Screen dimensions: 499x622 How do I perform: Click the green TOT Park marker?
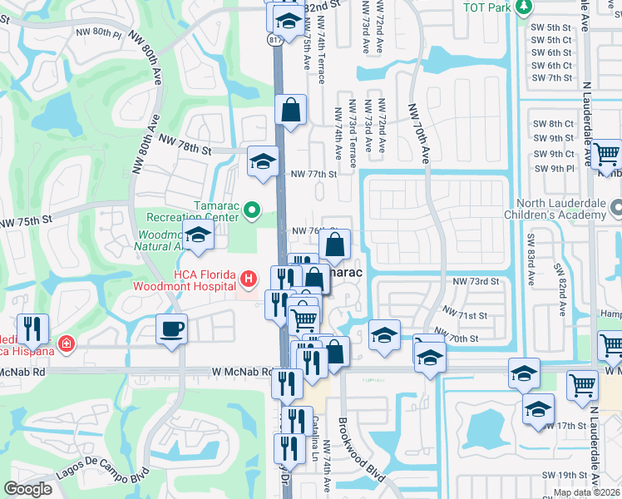pos(523,7)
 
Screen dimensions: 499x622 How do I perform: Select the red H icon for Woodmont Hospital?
pos(247,277)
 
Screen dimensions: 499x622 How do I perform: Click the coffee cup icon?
pos(172,329)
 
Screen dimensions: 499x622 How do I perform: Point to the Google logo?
pos(28,489)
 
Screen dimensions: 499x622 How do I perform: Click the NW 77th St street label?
pos(313,175)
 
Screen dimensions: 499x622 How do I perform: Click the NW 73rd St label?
pos(476,282)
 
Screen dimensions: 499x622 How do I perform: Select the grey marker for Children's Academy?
pos(615,205)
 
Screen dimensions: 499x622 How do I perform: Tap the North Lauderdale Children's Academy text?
pos(561,209)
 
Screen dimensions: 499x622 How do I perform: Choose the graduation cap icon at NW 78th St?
pos(264,161)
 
